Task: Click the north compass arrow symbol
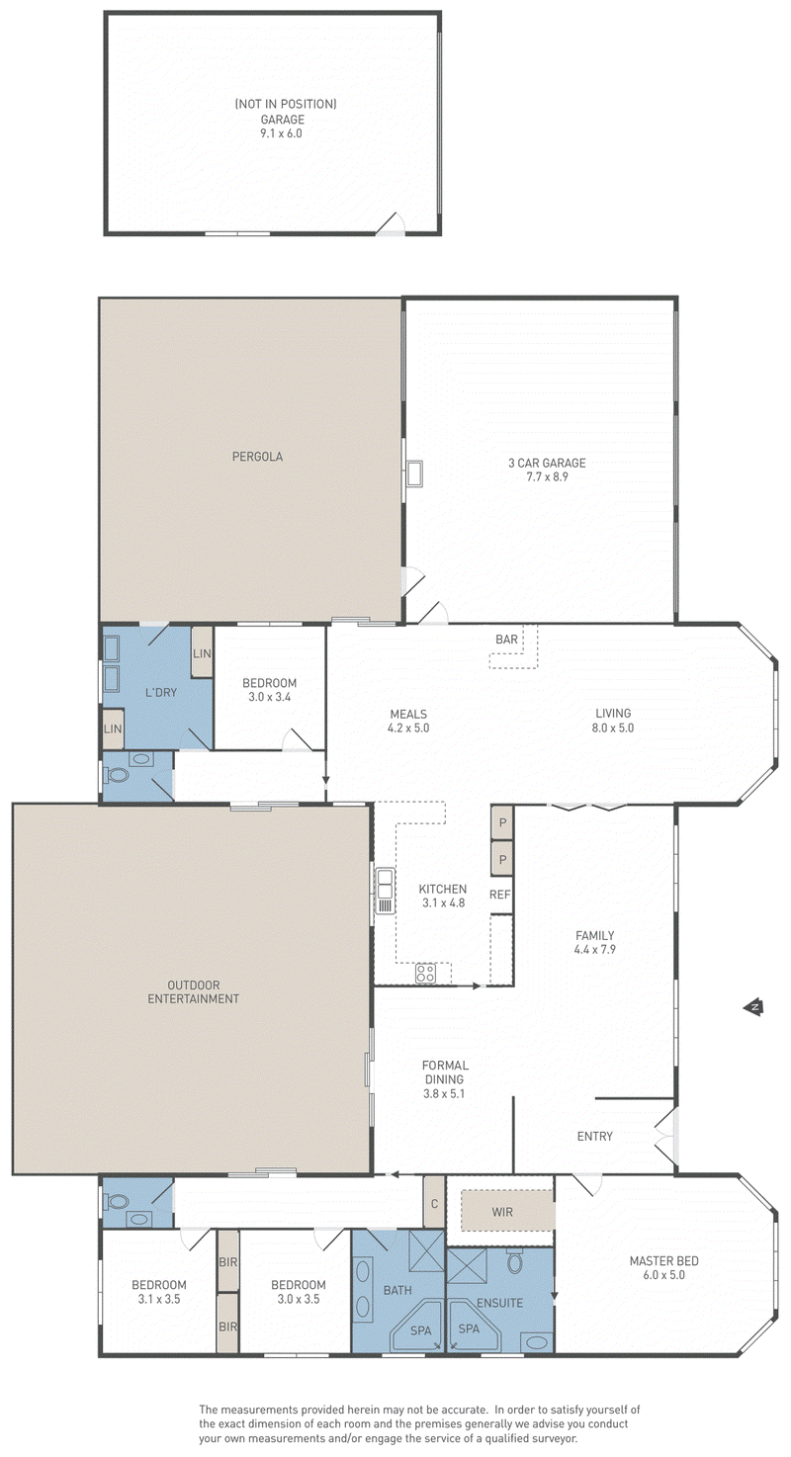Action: [753, 1007]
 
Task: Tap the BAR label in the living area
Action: [506, 640]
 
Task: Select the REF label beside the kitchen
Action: [499, 895]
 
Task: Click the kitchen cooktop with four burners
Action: [425, 973]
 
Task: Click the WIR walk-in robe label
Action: [502, 1212]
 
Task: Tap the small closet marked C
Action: [434, 1203]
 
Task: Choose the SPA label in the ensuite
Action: [469, 1328]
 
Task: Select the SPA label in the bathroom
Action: [420, 1330]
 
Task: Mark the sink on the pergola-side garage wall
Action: [413, 472]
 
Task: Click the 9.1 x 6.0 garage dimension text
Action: [281, 133]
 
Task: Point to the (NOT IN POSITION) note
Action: [286, 104]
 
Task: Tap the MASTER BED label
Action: [663, 1261]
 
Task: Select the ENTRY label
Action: [594, 1136]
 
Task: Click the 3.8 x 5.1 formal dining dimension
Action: [444, 1093]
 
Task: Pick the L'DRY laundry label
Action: [160, 692]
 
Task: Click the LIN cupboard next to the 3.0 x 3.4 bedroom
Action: [202, 652]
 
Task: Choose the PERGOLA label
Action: [257, 457]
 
